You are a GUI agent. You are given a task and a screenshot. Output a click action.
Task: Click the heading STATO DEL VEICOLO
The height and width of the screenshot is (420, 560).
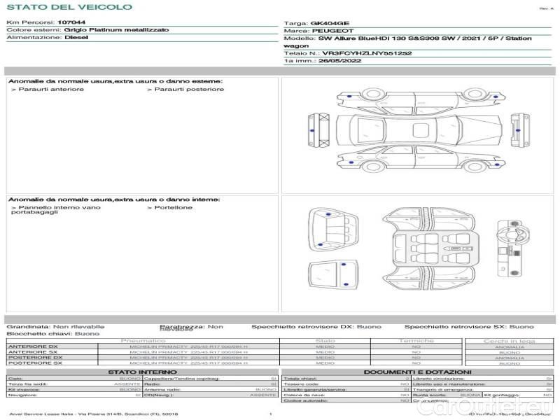coord(69,7)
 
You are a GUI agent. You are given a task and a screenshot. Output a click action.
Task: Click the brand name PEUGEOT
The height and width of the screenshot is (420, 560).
coord(332,31)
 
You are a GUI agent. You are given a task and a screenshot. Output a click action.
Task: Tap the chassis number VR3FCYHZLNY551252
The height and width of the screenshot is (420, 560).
coord(367,53)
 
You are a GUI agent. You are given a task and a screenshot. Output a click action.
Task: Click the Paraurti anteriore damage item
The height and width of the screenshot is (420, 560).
coord(49,89)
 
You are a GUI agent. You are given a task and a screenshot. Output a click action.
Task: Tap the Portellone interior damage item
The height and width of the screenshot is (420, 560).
coord(171,207)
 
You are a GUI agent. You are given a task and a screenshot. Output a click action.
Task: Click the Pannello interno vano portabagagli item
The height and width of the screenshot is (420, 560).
coord(56,209)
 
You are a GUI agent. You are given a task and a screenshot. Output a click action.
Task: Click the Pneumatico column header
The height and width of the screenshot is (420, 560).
coord(143,341)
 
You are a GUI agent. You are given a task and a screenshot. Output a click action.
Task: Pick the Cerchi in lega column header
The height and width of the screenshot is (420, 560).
coord(509,341)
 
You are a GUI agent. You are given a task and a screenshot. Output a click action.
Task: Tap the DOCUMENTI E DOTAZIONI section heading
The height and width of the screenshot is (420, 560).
coord(417,372)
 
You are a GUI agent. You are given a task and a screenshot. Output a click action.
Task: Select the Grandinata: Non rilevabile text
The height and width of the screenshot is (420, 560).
coord(55,326)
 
